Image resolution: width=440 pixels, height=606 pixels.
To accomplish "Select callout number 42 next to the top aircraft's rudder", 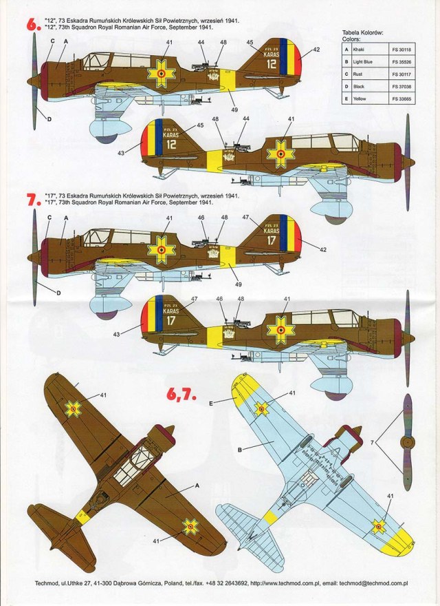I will (x=316, y=50).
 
